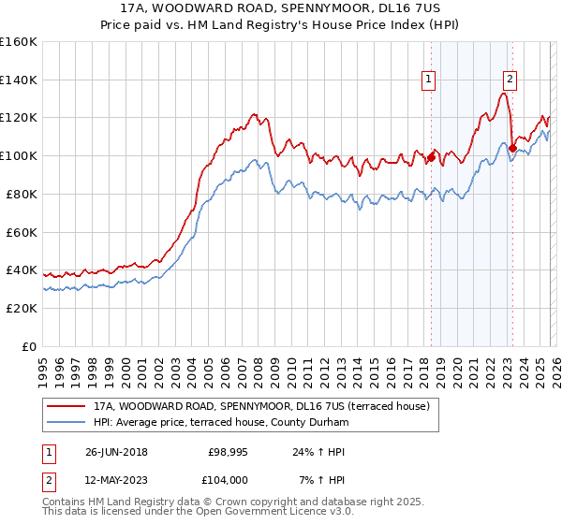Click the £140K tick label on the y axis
tap(19, 80)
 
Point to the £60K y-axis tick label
tap(22, 232)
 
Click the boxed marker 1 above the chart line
tap(429, 80)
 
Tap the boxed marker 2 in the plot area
tap(510, 80)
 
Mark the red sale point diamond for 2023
tap(512, 148)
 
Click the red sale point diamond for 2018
tap(431, 158)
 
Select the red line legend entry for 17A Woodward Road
tap(261, 407)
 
